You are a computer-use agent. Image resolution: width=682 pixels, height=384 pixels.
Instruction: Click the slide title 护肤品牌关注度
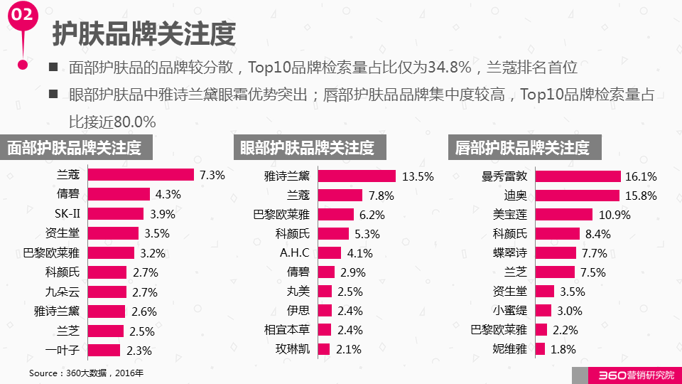[x=144, y=33]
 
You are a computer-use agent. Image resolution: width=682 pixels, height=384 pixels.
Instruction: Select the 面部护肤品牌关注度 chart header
[x=75, y=148]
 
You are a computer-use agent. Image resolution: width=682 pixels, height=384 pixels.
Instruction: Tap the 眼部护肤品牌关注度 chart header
[x=307, y=148]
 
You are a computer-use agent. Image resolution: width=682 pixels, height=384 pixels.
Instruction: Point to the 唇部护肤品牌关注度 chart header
[x=522, y=148]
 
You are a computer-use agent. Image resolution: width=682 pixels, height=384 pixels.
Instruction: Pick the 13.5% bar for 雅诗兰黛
[x=357, y=176]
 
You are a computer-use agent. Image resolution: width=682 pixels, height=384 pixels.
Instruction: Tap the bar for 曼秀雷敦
[x=578, y=176]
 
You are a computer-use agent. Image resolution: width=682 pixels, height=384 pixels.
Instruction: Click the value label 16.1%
[x=641, y=176]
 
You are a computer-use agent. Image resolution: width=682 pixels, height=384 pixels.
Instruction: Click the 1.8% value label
[x=563, y=349]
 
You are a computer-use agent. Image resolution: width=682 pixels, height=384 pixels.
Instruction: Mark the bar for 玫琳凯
[x=324, y=349]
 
